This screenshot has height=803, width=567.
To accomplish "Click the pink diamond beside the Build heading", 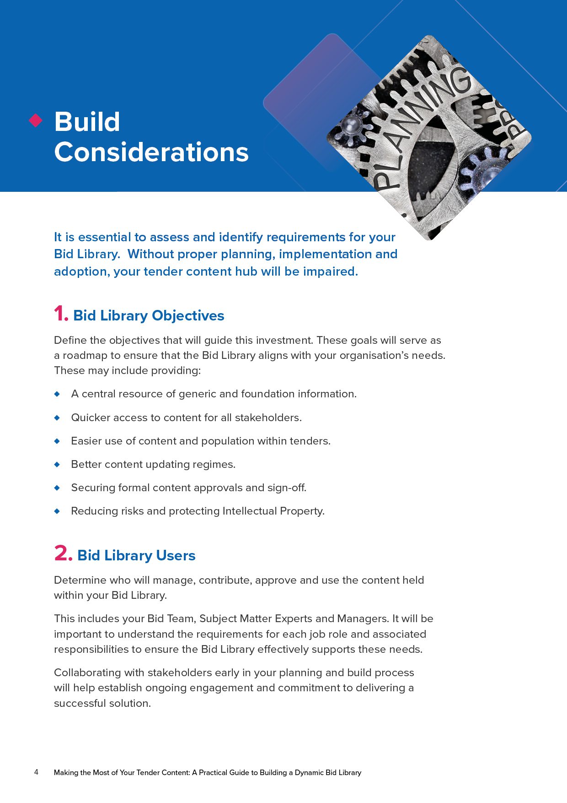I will click(x=36, y=120).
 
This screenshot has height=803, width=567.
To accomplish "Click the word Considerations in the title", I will click(x=151, y=152).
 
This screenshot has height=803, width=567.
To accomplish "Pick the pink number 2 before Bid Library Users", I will click(x=62, y=553).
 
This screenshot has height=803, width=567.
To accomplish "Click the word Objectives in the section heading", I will click(x=188, y=315).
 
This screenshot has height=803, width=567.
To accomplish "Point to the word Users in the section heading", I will click(x=175, y=555).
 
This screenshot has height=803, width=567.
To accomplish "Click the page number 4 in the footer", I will click(x=36, y=772).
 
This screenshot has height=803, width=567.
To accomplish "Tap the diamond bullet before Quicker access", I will click(x=57, y=418).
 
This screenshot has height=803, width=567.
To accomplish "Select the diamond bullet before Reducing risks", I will click(x=57, y=511).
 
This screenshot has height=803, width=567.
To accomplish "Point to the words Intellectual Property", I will click(x=273, y=511).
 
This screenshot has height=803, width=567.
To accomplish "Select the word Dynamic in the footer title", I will click(x=309, y=773).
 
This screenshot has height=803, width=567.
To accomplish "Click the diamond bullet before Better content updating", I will click(x=57, y=464).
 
